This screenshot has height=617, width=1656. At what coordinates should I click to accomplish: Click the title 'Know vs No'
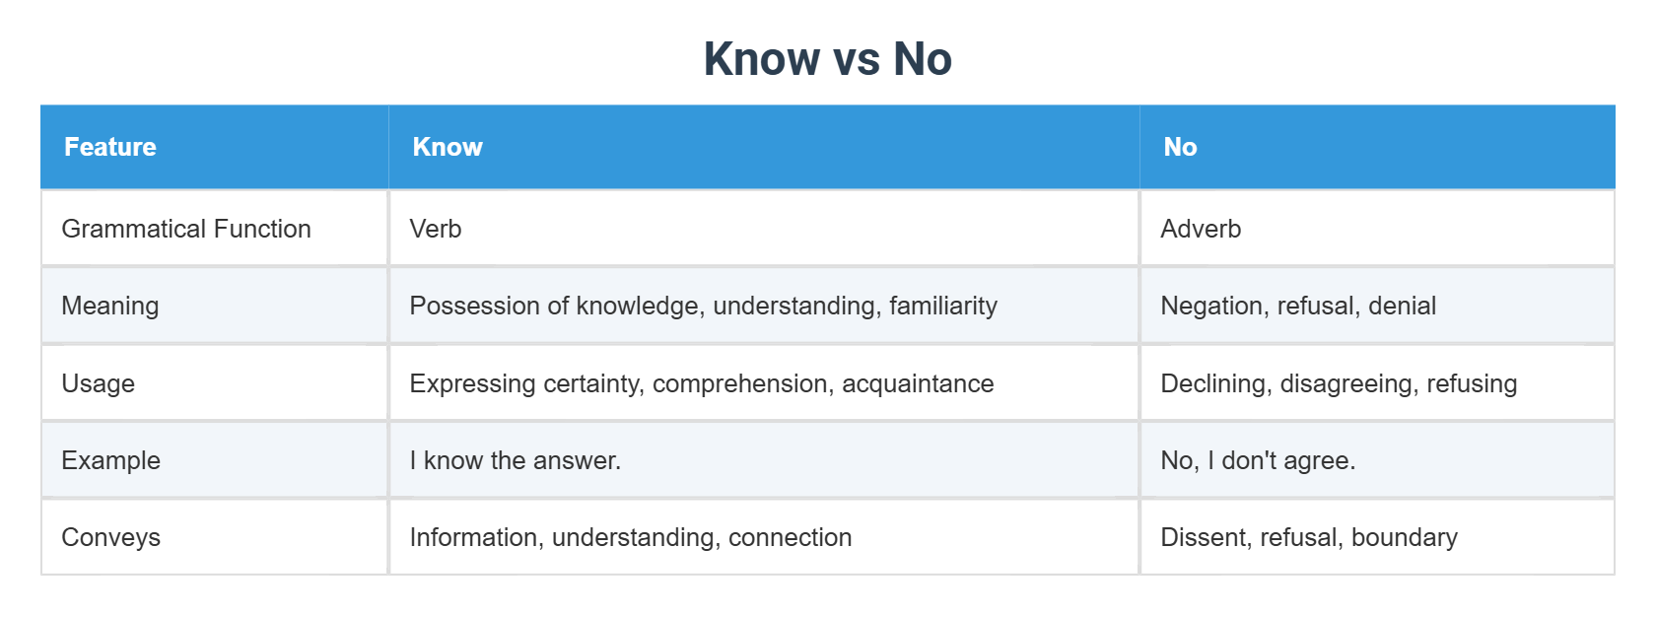pos(827,59)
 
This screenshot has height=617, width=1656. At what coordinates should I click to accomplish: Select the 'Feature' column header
pos(110,147)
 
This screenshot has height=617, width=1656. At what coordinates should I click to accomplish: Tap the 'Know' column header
pos(448,147)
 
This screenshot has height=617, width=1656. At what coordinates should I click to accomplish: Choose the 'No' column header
pos(1180,147)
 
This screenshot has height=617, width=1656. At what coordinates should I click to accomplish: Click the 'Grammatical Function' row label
pos(186,229)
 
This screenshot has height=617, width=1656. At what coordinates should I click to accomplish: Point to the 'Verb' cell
pos(436,229)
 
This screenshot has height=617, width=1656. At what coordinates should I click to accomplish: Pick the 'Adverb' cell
pos(1201,229)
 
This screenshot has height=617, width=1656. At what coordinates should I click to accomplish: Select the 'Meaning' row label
pos(110,306)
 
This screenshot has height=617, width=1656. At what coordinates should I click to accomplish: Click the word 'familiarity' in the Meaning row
pos(942,306)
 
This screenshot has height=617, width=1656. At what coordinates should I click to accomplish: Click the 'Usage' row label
pos(99,383)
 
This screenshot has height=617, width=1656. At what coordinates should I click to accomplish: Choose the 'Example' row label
pos(111,460)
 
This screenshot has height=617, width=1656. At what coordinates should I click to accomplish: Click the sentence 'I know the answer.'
pos(516,460)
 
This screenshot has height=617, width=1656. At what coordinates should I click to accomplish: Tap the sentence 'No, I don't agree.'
pos(1258,460)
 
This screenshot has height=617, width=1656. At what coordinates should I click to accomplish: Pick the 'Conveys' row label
pos(111,537)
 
